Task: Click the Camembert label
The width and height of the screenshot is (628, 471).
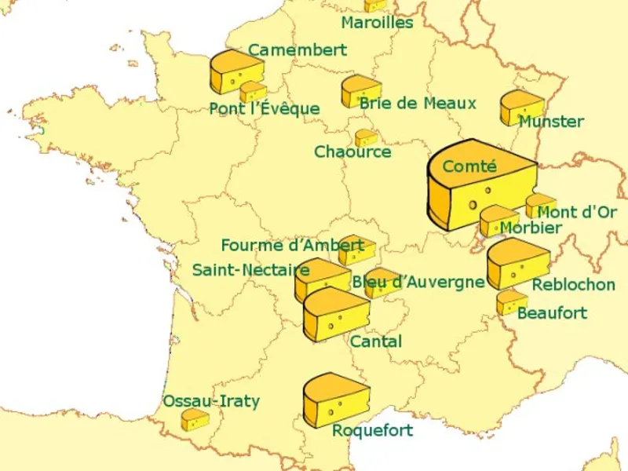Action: (298, 50)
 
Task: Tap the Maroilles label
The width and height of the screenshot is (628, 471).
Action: (377, 23)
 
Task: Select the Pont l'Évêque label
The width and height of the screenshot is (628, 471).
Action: (265, 109)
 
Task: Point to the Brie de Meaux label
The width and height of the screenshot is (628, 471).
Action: (418, 104)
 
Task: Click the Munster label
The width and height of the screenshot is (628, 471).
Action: (551, 122)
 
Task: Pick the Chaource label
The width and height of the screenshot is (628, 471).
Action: (352, 152)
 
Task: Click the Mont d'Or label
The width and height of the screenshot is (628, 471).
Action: (577, 212)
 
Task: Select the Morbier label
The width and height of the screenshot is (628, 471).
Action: (531, 228)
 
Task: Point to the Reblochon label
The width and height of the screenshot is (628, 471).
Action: (573, 284)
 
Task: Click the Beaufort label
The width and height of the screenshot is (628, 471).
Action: (552, 313)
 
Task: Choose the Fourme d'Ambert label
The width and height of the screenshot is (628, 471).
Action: (292, 246)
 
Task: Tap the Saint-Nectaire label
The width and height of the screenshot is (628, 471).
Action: (250, 271)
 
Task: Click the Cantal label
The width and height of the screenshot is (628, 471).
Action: (376, 341)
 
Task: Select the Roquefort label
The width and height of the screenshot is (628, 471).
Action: (372, 431)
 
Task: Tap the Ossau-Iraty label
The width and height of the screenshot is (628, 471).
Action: (210, 402)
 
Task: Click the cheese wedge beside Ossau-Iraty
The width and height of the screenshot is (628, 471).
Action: (195, 420)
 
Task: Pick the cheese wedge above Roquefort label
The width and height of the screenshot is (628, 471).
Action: (335, 400)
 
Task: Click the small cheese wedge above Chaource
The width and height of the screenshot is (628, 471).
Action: (366, 138)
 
